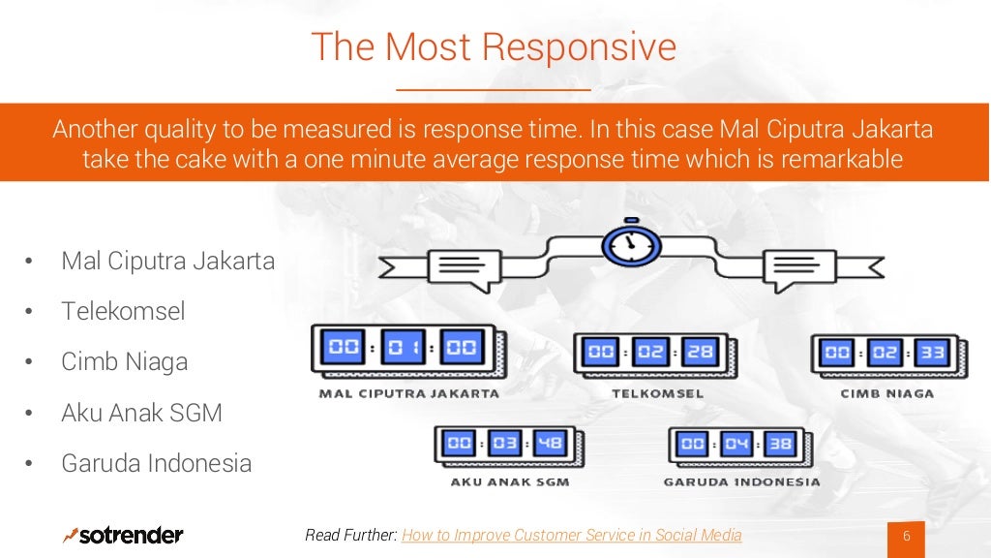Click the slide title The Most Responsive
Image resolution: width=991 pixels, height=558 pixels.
click(x=494, y=46)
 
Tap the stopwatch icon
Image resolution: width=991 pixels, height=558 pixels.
click(x=631, y=245)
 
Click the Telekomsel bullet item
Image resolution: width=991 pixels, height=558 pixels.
click(x=123, y=311)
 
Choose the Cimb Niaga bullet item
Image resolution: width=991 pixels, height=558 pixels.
click(x=125, y=362)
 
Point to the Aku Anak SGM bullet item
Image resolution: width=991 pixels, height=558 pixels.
click(x=141, y=413)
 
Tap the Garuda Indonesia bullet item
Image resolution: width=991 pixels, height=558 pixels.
click(x=156, y=463)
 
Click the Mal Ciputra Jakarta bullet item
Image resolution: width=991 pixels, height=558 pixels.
click(x=167, y=261)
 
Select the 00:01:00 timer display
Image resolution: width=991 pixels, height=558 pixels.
click(x=404, y=349)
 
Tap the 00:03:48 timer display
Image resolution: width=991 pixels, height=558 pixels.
click(x=509, y=445)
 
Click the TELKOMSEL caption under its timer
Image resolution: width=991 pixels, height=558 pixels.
click(x=657, y=393)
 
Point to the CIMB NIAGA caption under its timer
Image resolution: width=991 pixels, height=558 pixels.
click(x=887, y=393)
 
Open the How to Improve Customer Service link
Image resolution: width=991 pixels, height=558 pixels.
click(x=571, y=535)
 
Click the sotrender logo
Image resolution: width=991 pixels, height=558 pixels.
click(x=123, y=535)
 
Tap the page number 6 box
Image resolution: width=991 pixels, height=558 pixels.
click(x=907, y=538)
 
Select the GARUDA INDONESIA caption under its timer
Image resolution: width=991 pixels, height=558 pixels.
click(x=741, y=481)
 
